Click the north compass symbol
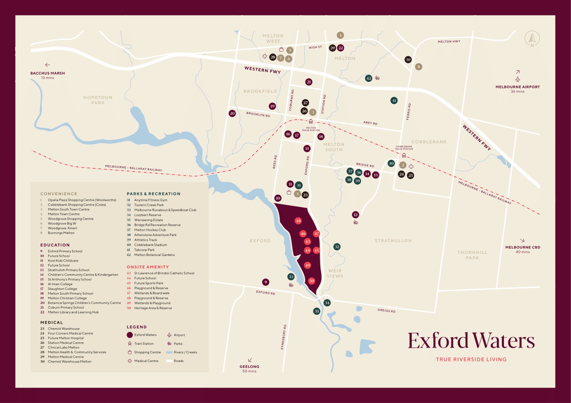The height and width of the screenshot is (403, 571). click(532, 38)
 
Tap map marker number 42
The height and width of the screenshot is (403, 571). click(369, 78)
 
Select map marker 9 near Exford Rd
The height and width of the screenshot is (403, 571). click(266, 282)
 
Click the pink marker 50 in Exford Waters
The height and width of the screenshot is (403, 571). click(311, 281)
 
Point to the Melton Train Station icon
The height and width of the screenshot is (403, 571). click(311, 122)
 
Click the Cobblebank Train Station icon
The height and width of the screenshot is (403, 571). click(404, 155)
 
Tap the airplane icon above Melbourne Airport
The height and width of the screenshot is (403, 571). click(518, 79)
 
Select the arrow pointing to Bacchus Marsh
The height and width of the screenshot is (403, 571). click(48, 65)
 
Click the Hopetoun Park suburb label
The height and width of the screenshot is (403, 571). click(98, 100)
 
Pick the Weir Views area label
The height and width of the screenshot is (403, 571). click(335, 273)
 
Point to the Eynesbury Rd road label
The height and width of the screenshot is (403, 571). click(283, 337)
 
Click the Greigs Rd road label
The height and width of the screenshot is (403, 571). click(386, 310)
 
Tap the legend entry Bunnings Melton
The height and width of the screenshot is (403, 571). click(61, 233)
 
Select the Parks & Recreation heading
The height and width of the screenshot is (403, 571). click(153, 194)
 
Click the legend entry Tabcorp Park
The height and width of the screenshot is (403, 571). click(144, 250)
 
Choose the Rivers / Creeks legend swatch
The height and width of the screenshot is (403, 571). click(169, 352)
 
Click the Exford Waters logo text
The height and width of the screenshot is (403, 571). click(471, 341)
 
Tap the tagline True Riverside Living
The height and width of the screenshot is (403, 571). click(471, 359)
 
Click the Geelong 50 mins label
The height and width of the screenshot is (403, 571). click(249, 369)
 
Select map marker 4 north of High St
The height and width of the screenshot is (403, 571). click(340, 35)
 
